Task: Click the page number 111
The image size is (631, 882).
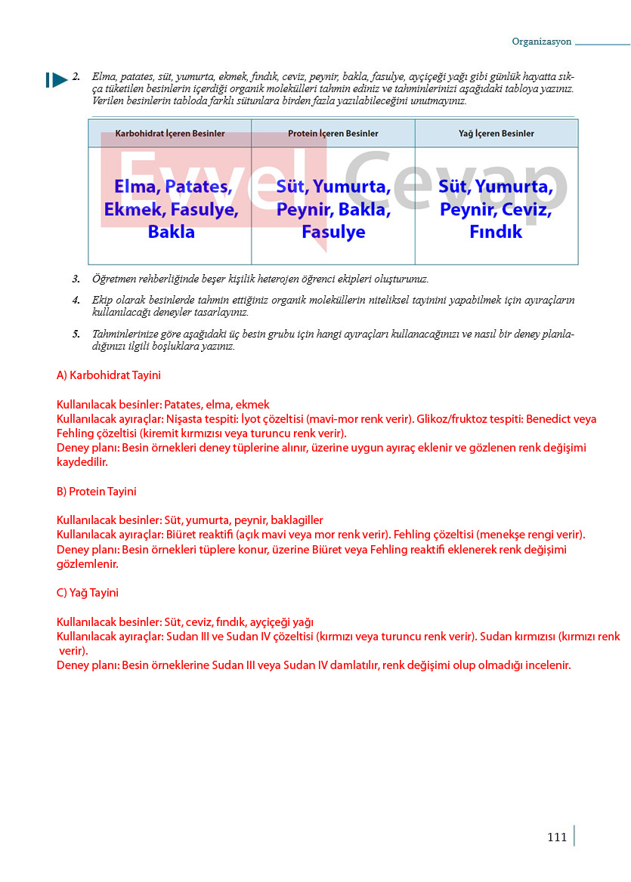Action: click(x=556, y=837)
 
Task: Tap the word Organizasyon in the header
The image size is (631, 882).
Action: click(x=542, y=42)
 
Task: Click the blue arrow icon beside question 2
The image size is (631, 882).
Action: click(x=57, y=79)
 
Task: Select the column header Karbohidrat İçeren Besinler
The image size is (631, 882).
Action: click(x=170, y=134)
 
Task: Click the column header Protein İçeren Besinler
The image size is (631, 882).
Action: click(x=333, y=134)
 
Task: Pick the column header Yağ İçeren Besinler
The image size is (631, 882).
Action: click(x=496, y=134)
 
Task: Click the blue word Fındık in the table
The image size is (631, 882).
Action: click(x=496, y=232)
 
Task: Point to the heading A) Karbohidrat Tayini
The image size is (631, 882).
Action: click(x=108, y=375)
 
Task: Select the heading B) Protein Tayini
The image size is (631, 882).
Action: click(x=97, y=492)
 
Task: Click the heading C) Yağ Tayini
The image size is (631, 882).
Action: click(x=88, y=593)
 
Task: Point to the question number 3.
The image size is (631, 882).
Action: click(x=76, y=279)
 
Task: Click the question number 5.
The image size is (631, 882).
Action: click(x=76, y=334)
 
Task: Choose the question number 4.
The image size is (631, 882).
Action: click(x=76, y=300)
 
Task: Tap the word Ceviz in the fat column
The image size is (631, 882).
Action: click(x=527, y=210)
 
